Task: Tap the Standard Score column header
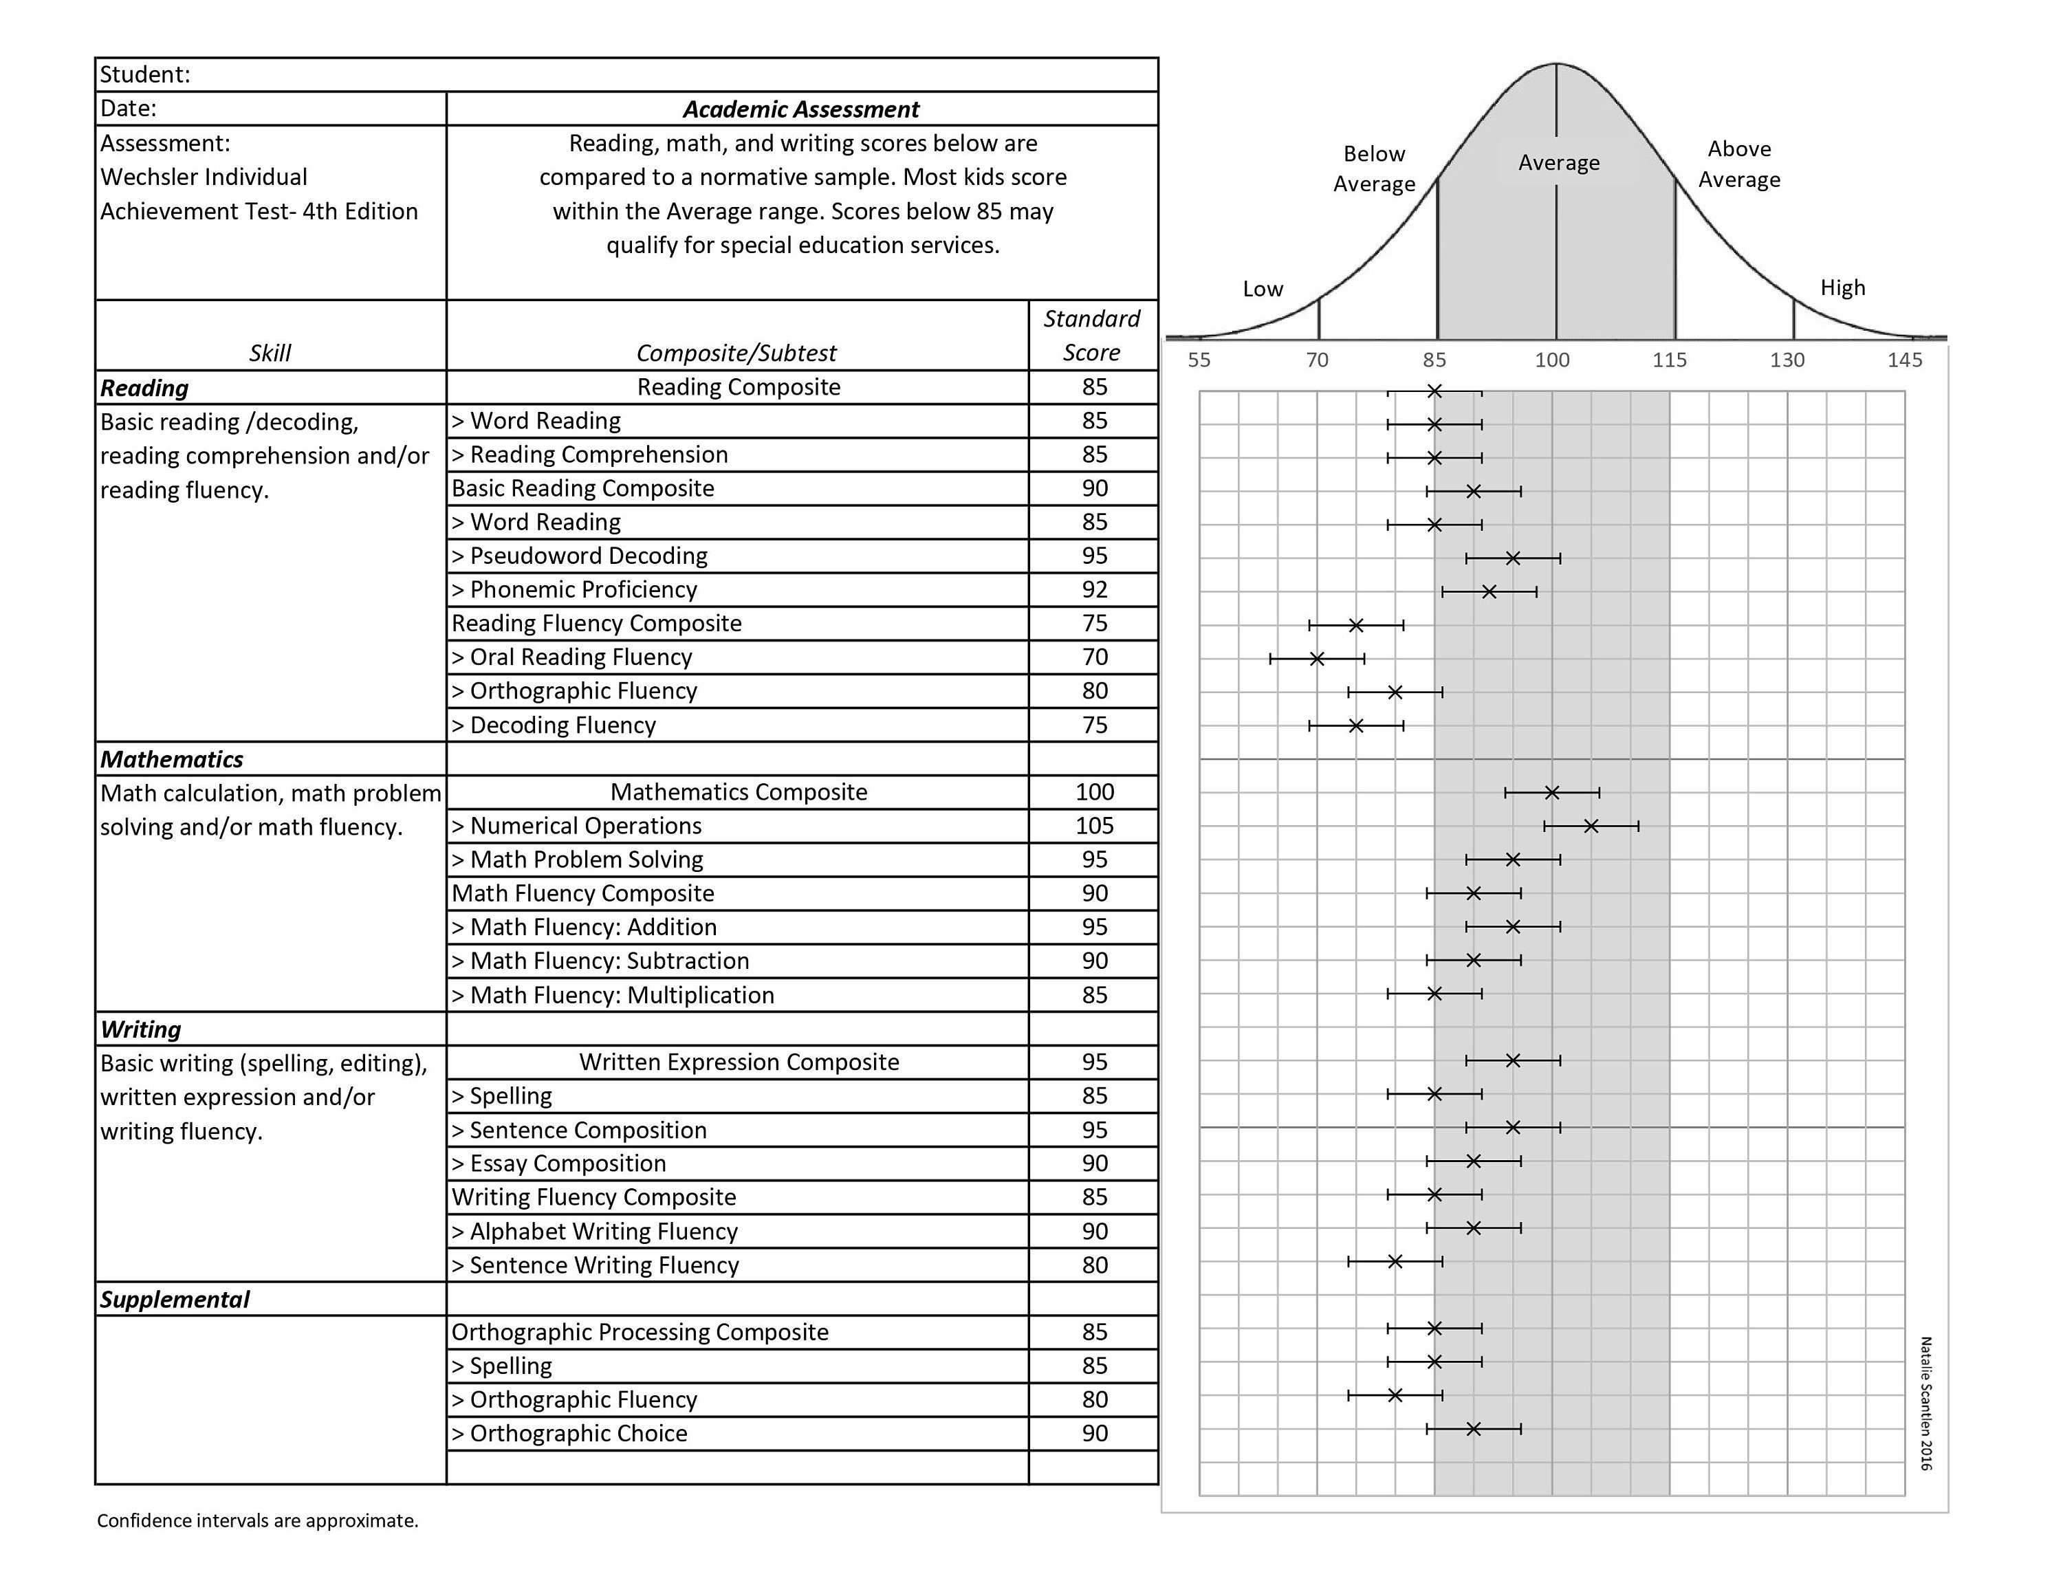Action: pyautogui.click(x=1091, y=335)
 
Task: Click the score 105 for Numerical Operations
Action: pyautogui.click(x=1094, y=827)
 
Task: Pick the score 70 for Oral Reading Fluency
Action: pyautogui.click(x=1094, y=657)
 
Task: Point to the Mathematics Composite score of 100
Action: pyautogui.click(x=1094, y=792)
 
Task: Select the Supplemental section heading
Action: pyautogui.click(x=175, y=1300)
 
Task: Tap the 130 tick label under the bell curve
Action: pyautogui.click(x=1787, y=360)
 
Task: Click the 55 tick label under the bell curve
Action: pyautogui.click(x=1199, y=360)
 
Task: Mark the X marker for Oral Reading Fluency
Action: pyautogui.click(x=1317, y=658)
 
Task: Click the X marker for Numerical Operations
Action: pyautogui.click(x=1591, y=827)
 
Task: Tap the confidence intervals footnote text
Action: pyautogui.click(x=257, y=1520)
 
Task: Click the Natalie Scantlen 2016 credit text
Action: pyautogui.click(x=1926, y=1404)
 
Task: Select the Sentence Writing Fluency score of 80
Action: pyautogui.click(x=1094, y=1265)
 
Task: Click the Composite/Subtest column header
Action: pyautogui.click(x=736, y=353)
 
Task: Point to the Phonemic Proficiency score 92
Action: pyautogui.click(x=1094, y=590)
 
